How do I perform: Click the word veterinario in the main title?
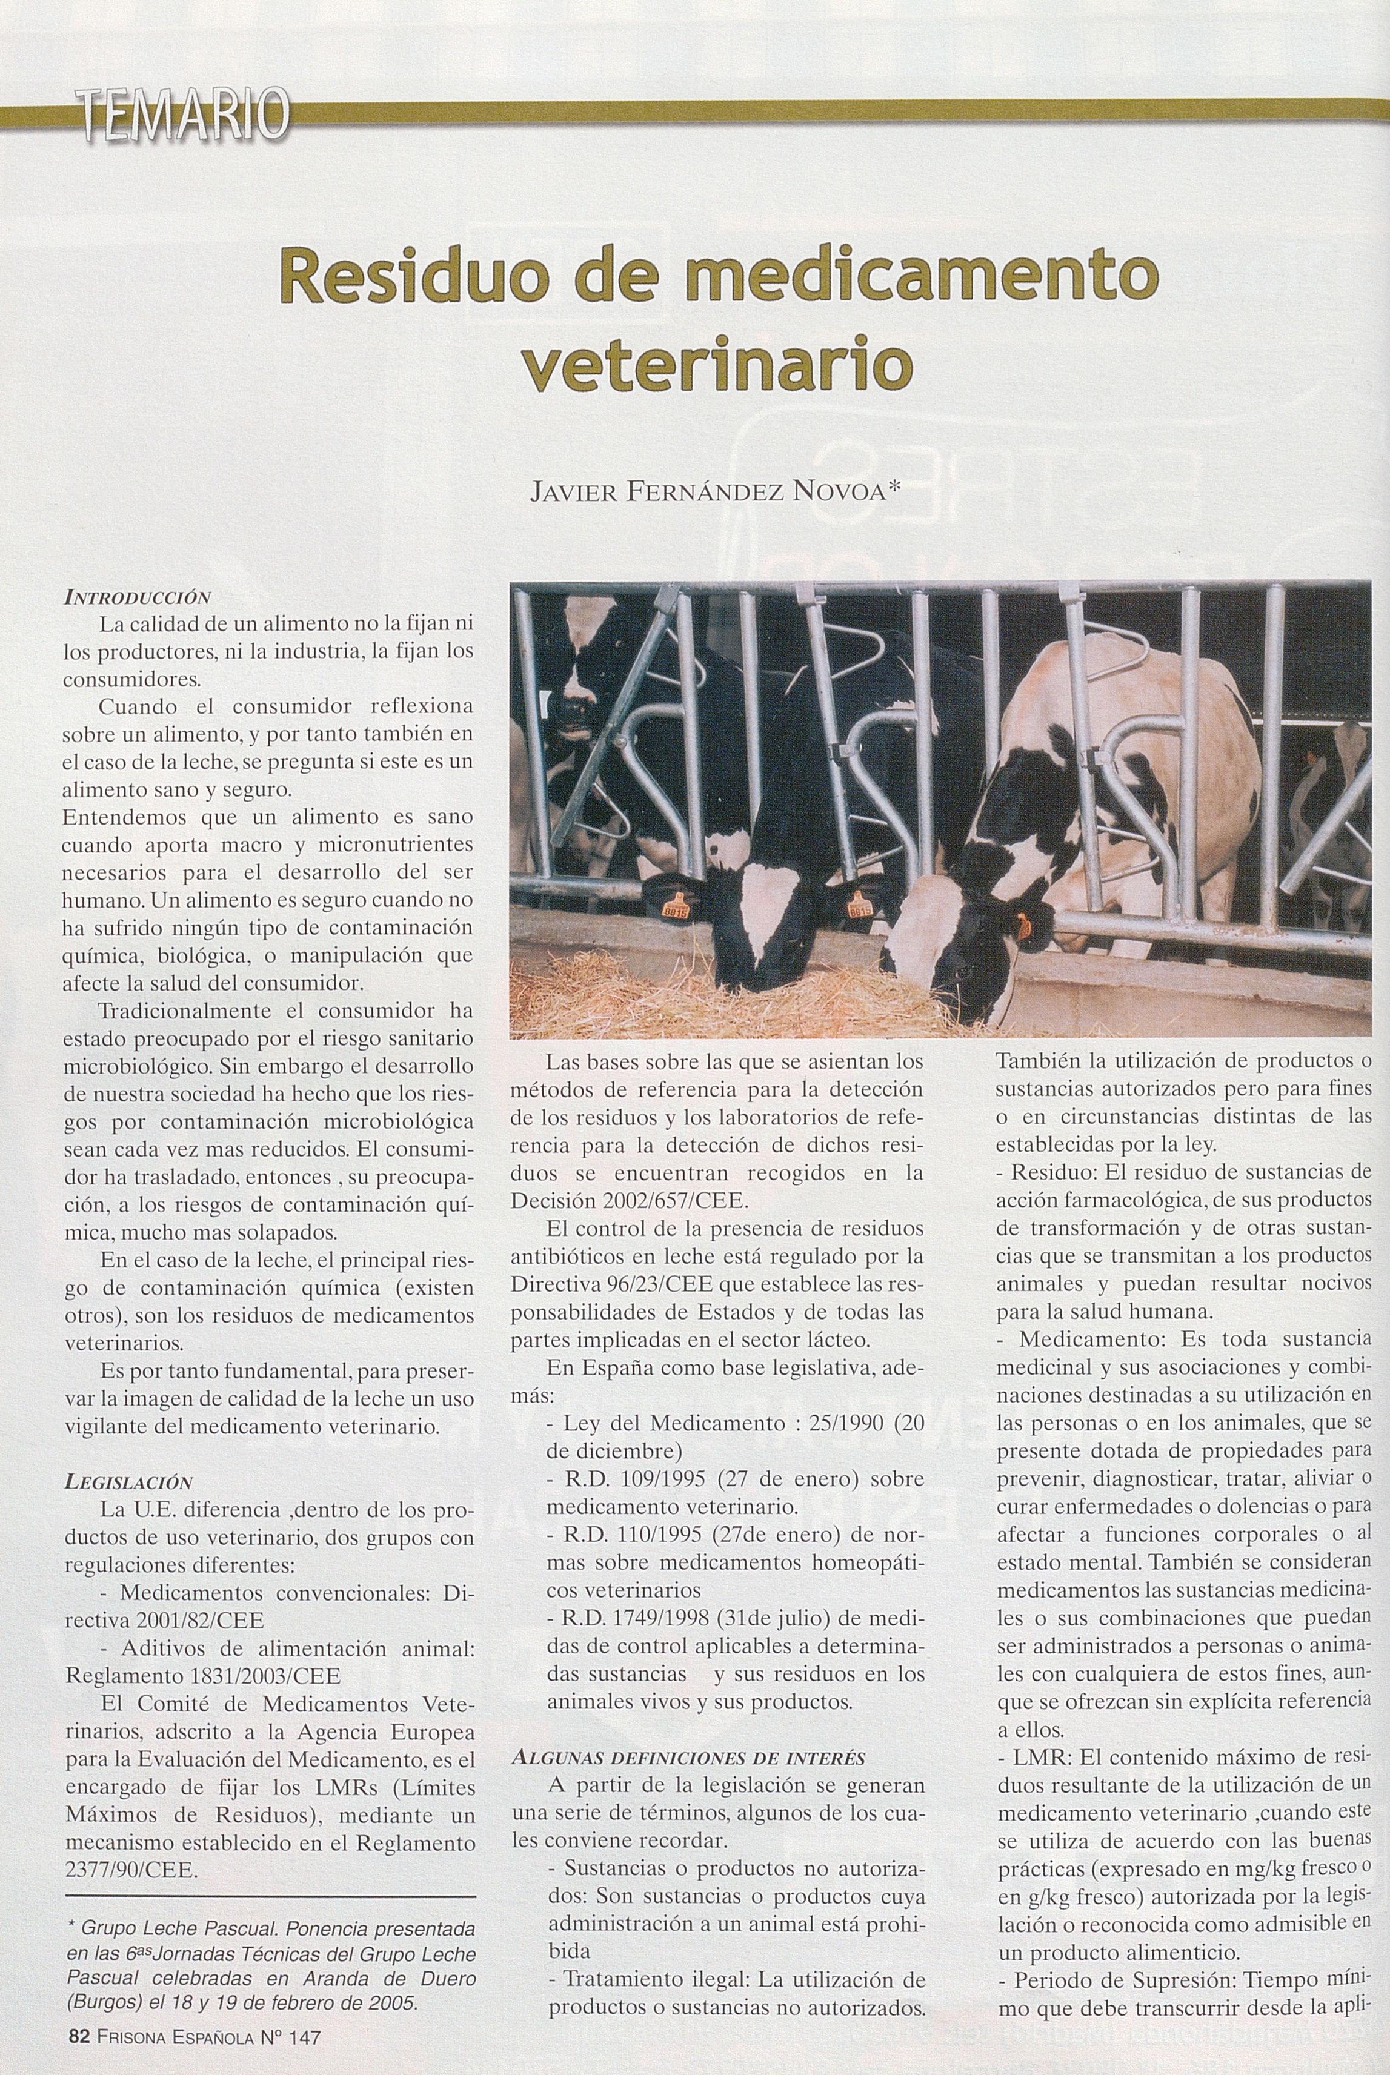click(x=716, y=365)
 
